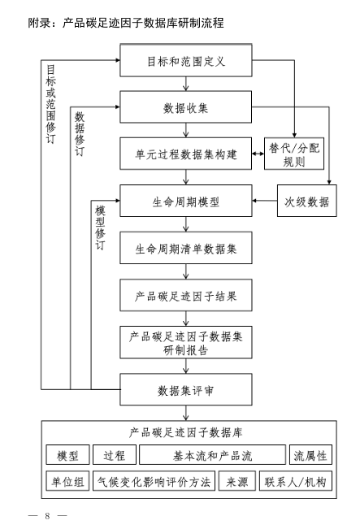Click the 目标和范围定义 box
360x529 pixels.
click(x=186, y=61)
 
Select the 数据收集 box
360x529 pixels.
click(x=186, y=107)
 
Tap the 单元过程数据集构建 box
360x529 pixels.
click(x=186, y=154)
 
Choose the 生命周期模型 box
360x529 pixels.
click(x=186, y=201)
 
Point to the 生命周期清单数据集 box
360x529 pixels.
click(x=186, y=248)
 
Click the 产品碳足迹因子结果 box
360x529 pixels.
click(x=186, y=295)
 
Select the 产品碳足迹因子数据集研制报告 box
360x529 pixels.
click(x=186, y=342)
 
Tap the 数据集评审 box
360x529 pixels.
click(x=186, y=389)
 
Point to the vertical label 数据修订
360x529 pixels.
click(x=79, y=134)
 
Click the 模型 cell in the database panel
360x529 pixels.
click(x=67, y=456)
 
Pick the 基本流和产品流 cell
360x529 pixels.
click(x=213, y=456)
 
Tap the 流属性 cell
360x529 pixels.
click(x=310, y=456)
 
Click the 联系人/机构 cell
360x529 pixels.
click(x=296, y=481)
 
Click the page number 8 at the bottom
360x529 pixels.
click(x=48, y=516)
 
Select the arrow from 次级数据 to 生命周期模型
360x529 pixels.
click(x=265, y=201)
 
